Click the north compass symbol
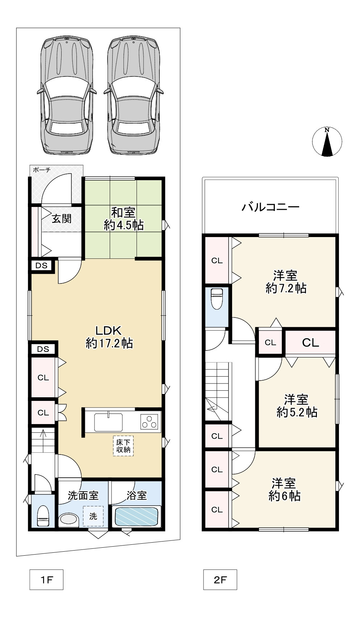tap(327, 142)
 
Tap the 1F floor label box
tap(46, 580)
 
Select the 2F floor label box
tap(220, 580)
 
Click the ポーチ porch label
tap(42, 170)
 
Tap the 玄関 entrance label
tap(61, 219)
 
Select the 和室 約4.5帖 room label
tap(124, 219)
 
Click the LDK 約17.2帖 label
tap(109, 337)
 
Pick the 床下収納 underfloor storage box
tap(123, 445)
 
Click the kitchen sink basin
tap(108, 422)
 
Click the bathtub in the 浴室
tap(137, 517)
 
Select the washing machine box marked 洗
tap(93, 516)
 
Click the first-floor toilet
tap(43, 515)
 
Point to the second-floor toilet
tap(217, 299)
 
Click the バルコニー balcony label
tap(271, 207)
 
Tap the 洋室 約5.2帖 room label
tap(297, 406)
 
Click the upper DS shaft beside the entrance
tap(42, 265)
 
